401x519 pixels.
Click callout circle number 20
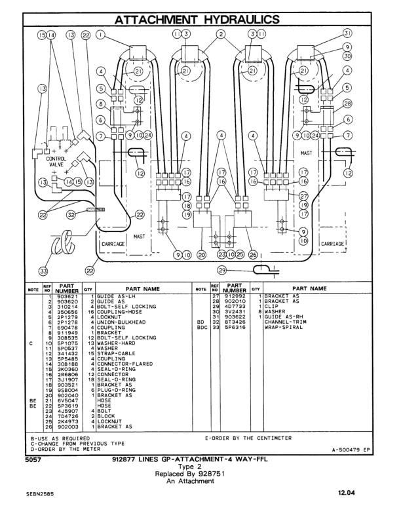point(202,254)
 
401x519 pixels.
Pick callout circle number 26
point(253,254)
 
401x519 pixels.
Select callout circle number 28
point(348,104)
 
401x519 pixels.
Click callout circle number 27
point(303,196)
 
